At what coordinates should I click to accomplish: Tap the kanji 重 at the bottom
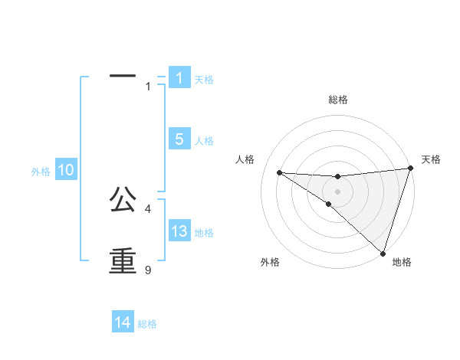pyautogui.click(x=123, y=260)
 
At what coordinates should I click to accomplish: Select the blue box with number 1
pyautogui.click(x=179, y=78)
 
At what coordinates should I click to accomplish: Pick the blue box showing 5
pyautogui.click(x=179, y=139)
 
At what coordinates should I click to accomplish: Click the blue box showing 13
pyautogui.click(x=179, y=231)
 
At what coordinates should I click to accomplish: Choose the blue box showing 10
pyautogui.click(x=66, y=171)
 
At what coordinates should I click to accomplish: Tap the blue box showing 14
pyautogui.click(x=123, y=322)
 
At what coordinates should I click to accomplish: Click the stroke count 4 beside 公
pyautogui.click(x=148, y=208)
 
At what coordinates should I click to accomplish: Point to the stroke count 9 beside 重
pyautogui.click(x=148, y=270)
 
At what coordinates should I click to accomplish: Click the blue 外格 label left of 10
pyautogui.click(x=41, y=172)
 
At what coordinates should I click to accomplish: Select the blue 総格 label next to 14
pyautogui.click(x=147, y=324)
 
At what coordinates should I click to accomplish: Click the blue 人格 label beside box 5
pyautogui.click(x=204, y=141)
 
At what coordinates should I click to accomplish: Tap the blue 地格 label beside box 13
pyautogui.click(x=204, y=233)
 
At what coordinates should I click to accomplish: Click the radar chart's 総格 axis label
pyautogui.click(x=338, y=100)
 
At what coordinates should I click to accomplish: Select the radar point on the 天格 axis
pyautogui.click(x=410, y=168)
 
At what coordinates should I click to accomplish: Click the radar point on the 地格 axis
pyautogui.click(x=383, y=253)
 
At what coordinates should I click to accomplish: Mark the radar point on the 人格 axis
pyautogui.click(x=279, y=172)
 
